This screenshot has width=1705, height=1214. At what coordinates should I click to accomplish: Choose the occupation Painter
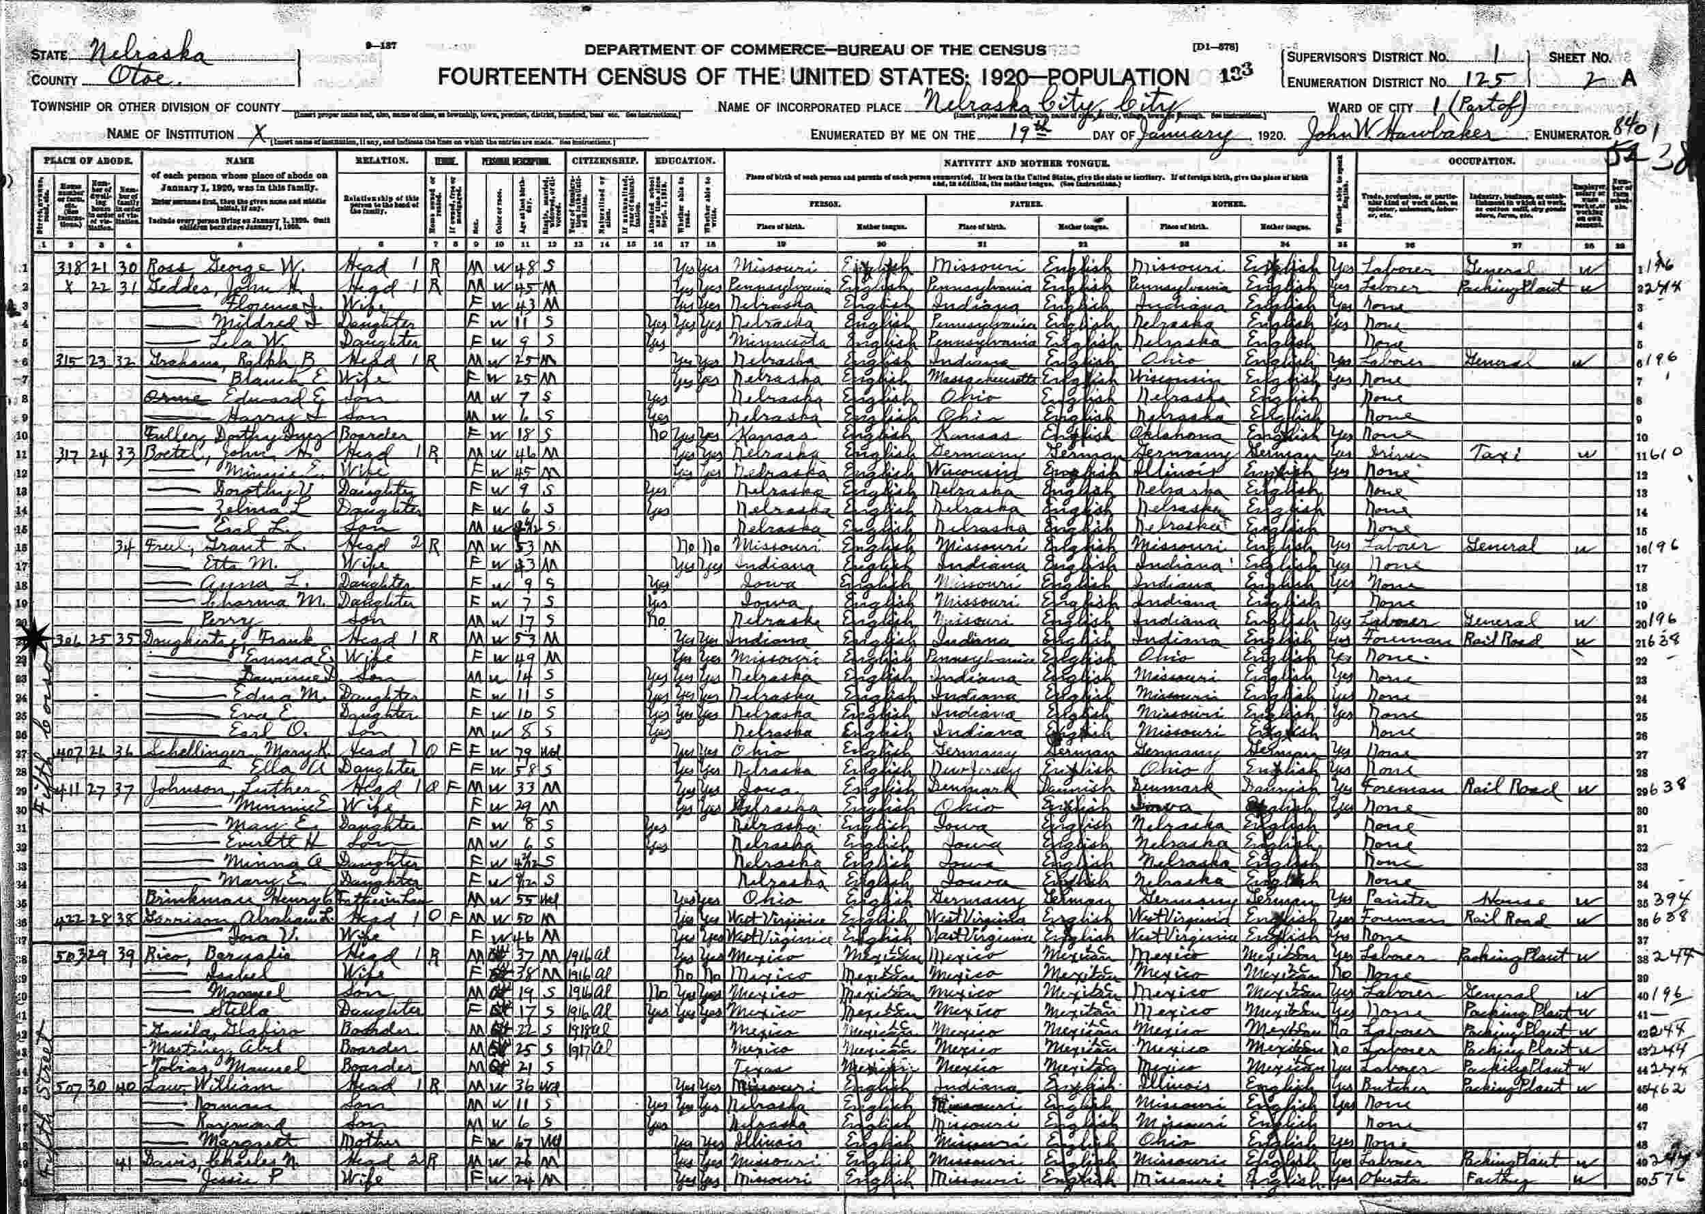click(x=1389, y=898)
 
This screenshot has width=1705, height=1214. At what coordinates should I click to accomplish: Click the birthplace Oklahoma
click(x=1178, y=435)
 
